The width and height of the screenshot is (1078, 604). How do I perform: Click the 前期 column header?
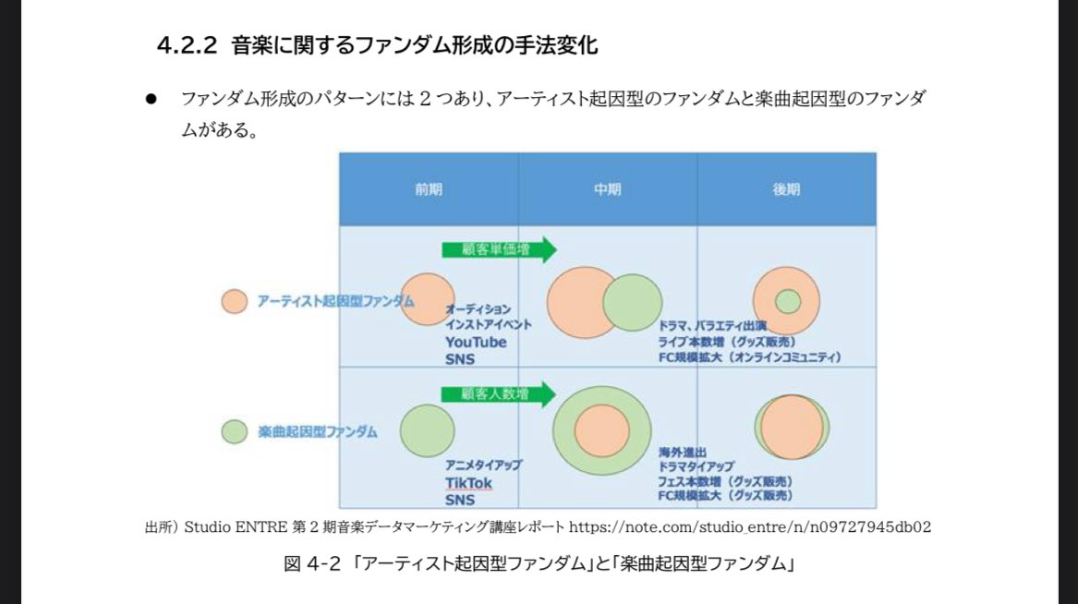[429, 188]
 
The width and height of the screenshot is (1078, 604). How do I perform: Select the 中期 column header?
[607, 188]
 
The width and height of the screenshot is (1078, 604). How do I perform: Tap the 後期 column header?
[786, 188]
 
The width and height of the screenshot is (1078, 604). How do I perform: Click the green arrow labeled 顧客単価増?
[498, 249]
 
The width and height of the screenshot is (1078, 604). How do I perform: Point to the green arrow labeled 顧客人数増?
[498, 394]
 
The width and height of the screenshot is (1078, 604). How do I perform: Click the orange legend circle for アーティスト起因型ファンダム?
[235, 301]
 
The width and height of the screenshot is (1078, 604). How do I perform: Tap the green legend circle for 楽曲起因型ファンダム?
[235, 431]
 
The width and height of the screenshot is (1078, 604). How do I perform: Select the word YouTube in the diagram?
[476, 342]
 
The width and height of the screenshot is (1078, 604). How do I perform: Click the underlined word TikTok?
[468, 483]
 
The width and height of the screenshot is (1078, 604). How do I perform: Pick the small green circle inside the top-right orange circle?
[788, 301]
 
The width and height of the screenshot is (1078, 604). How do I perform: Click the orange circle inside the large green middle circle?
[602, 430]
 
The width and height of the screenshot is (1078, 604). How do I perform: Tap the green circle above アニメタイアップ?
[428, 430]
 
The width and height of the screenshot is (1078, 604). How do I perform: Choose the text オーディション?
[478, 309]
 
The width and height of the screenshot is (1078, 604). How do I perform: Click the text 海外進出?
[682, 453]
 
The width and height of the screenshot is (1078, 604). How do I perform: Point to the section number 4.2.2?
[188, 46]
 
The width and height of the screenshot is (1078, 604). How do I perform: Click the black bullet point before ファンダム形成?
[150, 98]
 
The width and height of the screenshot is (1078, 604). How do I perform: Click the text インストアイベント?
[488, 325]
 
